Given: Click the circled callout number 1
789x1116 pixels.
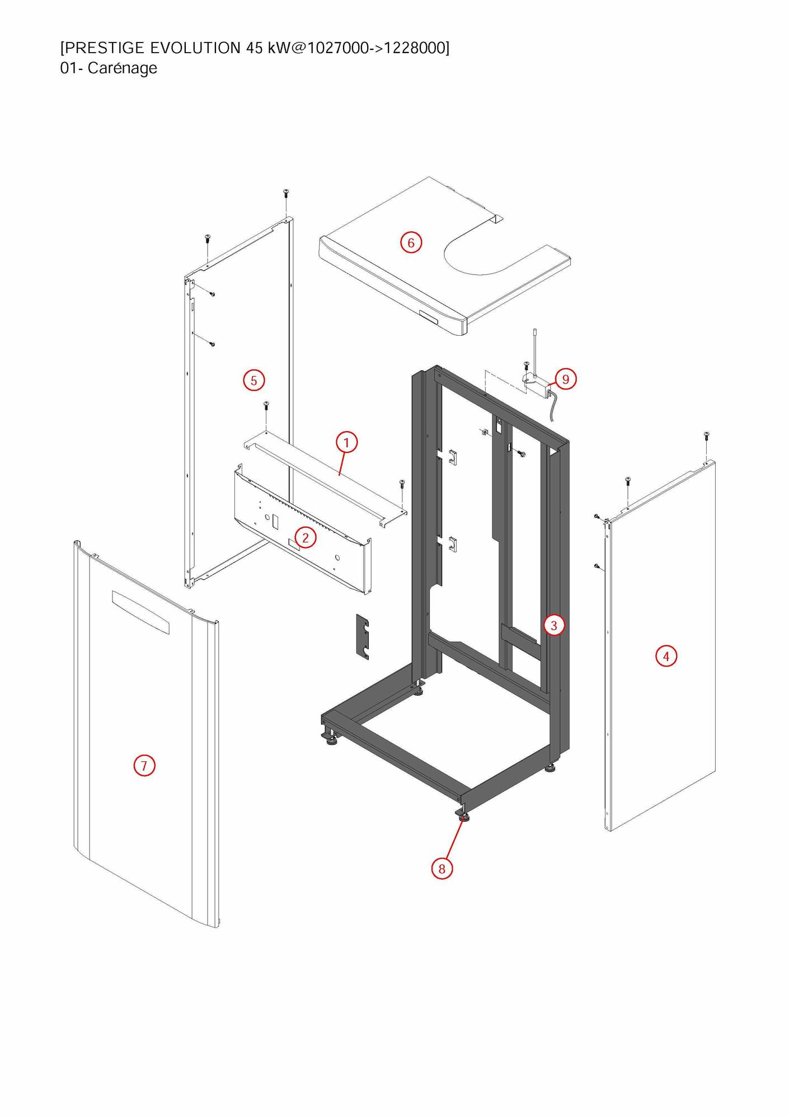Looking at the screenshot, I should click(346, 443).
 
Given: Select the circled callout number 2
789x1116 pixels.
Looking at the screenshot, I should click(306, 538).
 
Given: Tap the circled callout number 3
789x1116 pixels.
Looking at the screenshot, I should click(554, 625).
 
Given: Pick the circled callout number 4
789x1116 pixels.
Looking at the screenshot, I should click(666, 656).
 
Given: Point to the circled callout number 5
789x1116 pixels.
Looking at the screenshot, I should click(254, 381).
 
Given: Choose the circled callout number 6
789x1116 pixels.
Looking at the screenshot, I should click(411, 243).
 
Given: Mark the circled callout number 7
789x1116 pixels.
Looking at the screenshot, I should click(144, 766).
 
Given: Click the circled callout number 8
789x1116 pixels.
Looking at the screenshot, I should click(442, 869).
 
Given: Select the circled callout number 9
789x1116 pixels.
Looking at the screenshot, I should click(566, 379).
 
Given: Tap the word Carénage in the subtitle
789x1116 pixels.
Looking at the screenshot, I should click(123, 68).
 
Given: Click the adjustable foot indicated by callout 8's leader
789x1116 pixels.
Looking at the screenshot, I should click(464, 818).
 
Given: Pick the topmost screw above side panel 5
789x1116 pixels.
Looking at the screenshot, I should click(286, 194).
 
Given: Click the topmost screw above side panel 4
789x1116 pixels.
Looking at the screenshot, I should click(706, 435).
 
